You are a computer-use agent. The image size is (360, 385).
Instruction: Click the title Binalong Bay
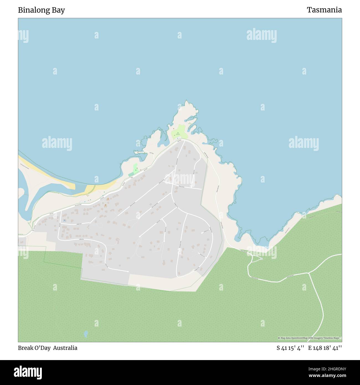coord(42,10)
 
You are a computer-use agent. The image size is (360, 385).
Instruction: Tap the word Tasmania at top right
coord(324,10)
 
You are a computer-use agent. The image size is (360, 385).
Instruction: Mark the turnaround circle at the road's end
coord(261,259)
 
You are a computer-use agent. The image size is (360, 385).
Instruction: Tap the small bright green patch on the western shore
coord(135,168)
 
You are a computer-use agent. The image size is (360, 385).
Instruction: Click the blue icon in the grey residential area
coord(65,220)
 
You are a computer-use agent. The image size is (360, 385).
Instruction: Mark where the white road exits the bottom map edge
coord(308,341)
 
